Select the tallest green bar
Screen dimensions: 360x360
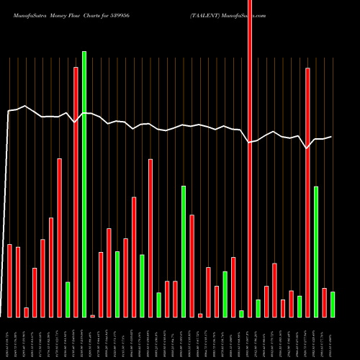pos(84,184)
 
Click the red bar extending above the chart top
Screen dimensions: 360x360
pos(250,158)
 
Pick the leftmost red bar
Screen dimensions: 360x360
pos(10,281)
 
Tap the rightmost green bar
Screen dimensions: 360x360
pos(333,305)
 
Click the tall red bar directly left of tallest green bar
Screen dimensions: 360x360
pos(76,192)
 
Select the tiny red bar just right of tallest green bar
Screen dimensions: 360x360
pos(92,316)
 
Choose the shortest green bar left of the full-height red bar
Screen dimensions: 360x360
pos(241,314)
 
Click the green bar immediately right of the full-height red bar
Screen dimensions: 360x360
pos(258,309)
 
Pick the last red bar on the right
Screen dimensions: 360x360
pos(324,303)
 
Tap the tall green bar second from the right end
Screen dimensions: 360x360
pos(316,252)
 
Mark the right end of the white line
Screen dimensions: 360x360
pos(332,137)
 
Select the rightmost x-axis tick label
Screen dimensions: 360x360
pos(333,338)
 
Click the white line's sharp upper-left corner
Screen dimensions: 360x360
pos(9,111)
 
